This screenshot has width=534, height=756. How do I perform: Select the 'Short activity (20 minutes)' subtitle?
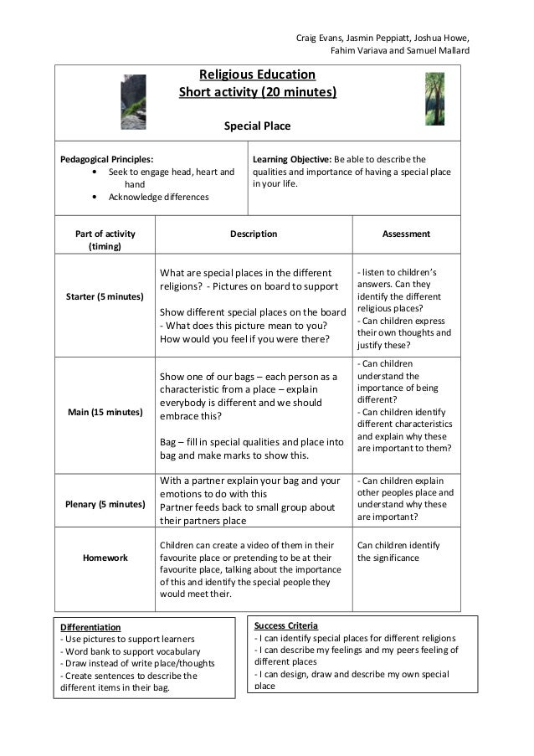[257, 92]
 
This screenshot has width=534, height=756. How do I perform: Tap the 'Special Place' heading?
[257, 126]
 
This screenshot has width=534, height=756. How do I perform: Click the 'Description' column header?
[254, 234]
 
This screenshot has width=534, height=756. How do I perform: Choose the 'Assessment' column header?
[406, 234]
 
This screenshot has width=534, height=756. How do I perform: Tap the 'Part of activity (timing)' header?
[105, 240]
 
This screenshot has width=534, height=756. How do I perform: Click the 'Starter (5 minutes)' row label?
[105, 297]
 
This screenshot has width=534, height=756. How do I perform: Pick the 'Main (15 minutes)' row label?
[105, 412]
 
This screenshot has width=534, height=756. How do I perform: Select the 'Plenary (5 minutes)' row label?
[105, 504]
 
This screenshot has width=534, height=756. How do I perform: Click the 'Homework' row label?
[105, 558]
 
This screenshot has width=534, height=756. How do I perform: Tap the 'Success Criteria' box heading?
[286, 625]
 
